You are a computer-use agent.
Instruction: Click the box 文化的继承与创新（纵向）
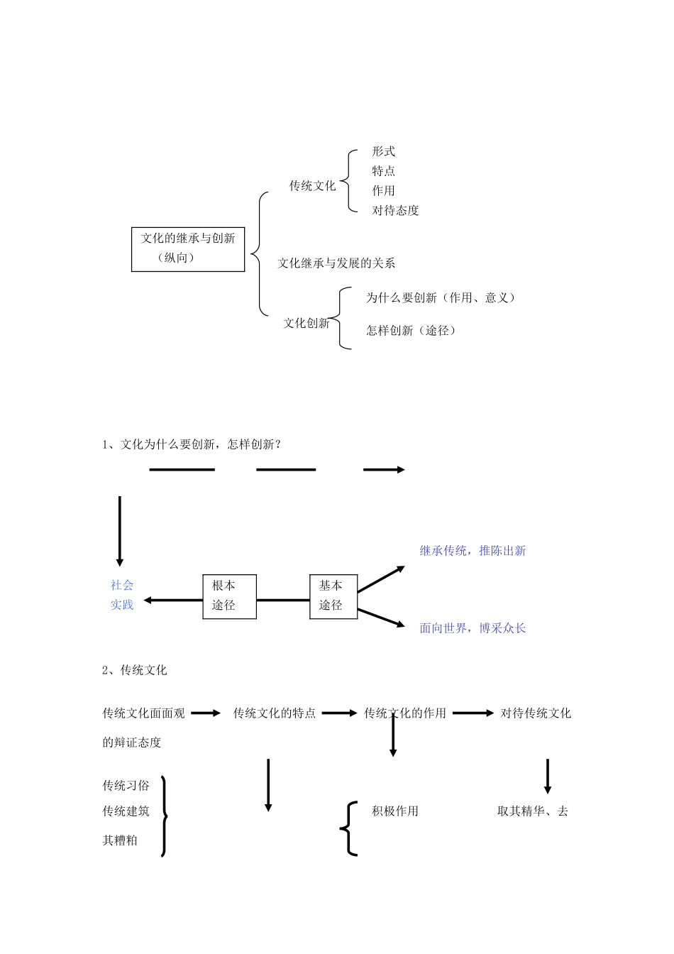(x=188, y=248)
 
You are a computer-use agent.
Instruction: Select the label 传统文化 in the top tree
(x=312, y=186)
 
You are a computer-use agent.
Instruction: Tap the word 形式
(x=384, y=151)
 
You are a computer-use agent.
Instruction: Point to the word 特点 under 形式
(x=384, y=171)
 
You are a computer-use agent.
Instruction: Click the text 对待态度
(x=396, y=210)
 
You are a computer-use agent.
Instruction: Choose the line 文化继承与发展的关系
(x=336, y=263)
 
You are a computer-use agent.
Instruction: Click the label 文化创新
(x=306, y=323)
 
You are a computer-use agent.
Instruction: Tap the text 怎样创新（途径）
(x=411, y=331)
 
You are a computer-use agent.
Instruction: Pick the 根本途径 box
(x=229, y=596)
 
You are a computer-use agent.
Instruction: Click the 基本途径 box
(x=333, y=596)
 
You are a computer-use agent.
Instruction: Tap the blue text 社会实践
(x=122, y=595)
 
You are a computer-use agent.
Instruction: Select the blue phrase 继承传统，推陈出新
(x=473, y=551)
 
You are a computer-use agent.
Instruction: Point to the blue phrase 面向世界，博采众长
(x=473, y=628)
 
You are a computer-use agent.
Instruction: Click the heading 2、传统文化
(x=135, y=670)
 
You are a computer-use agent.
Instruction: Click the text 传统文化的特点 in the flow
(x=275, y=713)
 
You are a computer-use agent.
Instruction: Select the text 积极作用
(x=395, y=811)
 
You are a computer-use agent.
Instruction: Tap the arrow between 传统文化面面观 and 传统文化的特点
(x=206, y=713)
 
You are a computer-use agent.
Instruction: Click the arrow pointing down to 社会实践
(x=120, y=531)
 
